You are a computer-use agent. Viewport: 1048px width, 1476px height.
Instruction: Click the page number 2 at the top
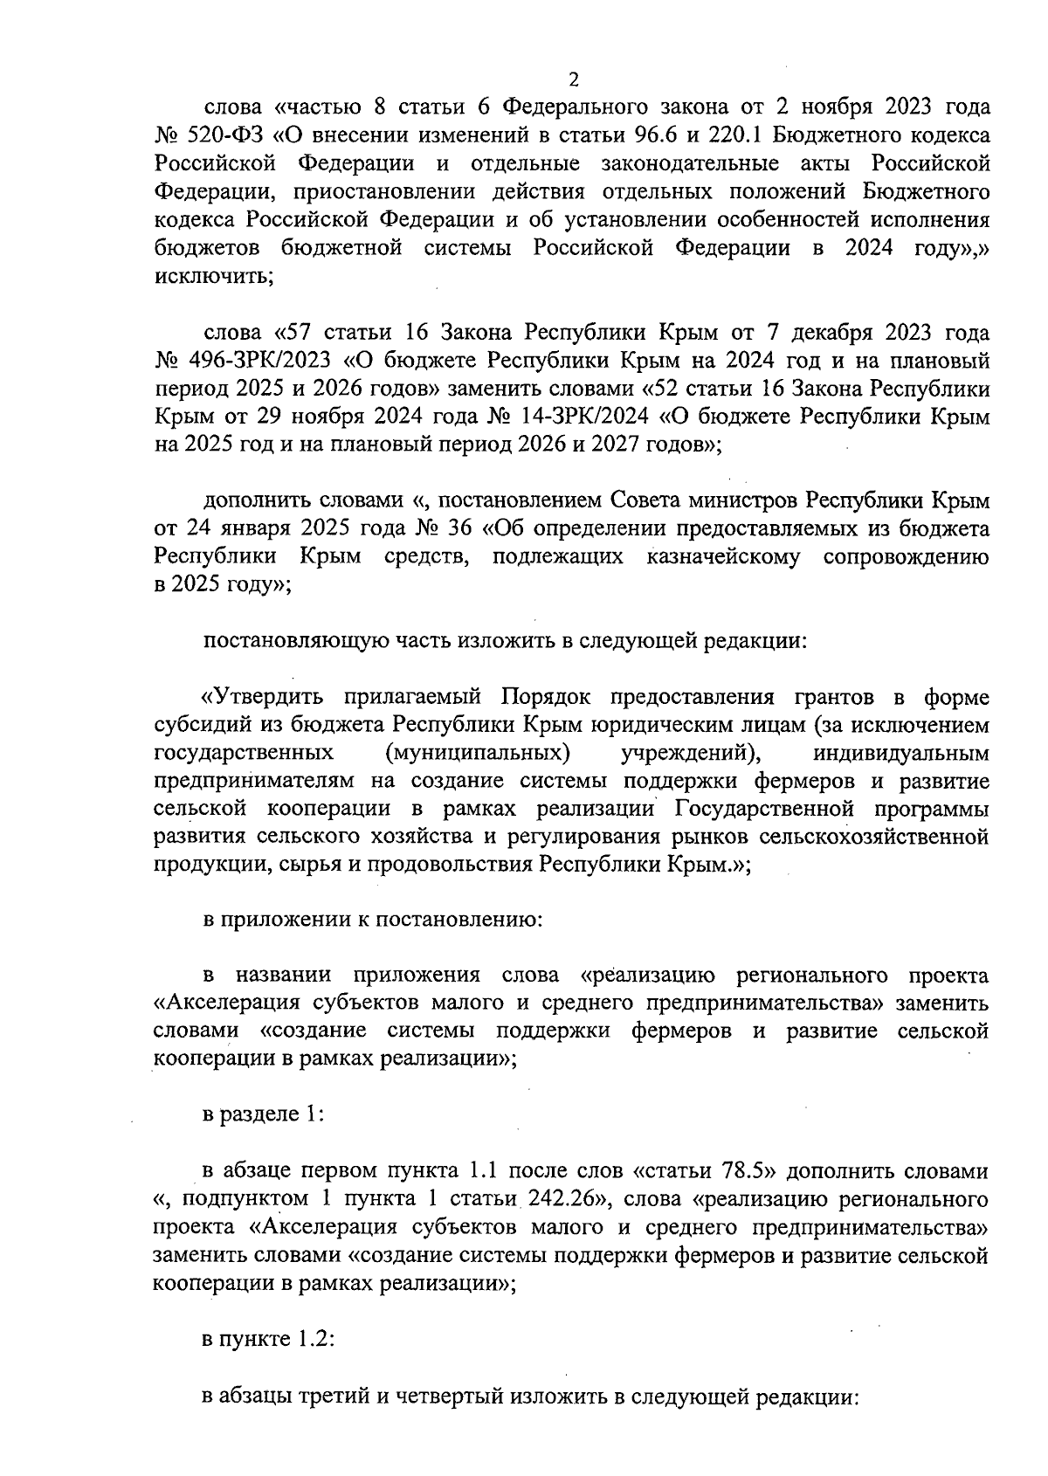click(x=574, y=79)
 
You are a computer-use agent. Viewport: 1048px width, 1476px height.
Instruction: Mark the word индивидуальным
click(x=900, y=753)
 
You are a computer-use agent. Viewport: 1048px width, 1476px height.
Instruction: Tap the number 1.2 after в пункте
click(x=317, y=1339)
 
